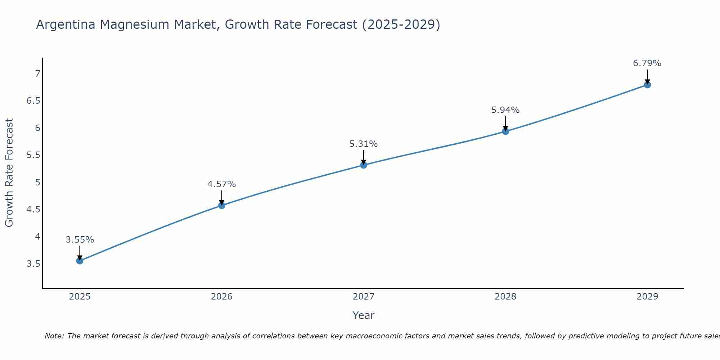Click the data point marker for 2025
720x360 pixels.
click(x=80, y=261)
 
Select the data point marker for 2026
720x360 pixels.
click(x=222, y=206)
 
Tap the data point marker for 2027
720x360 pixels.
click(x=364, y=165)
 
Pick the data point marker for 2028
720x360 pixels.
click(x=505, y=131)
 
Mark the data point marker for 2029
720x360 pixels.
click(x=647, y=85)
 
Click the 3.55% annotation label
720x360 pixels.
click(x=80, y=240)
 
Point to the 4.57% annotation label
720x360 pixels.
click(x=222, y=184)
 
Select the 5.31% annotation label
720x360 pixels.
click(x=364, y=144)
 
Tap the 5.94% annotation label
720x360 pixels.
click(x=505, y=110)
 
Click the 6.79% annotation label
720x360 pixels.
click(x=647, y=63)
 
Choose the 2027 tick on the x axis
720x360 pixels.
click(x=364, y=297)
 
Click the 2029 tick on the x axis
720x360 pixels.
click(x=647, y=297)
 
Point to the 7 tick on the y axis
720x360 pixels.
click(x=38, y=74)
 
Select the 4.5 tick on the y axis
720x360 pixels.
click(x=33, y=210)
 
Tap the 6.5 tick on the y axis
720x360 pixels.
click(x=33, y=101)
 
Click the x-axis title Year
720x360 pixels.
click(x=364, y=315)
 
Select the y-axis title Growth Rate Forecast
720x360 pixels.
click(x=9, y=173)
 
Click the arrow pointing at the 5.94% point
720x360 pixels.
click(x=505, y=123)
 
